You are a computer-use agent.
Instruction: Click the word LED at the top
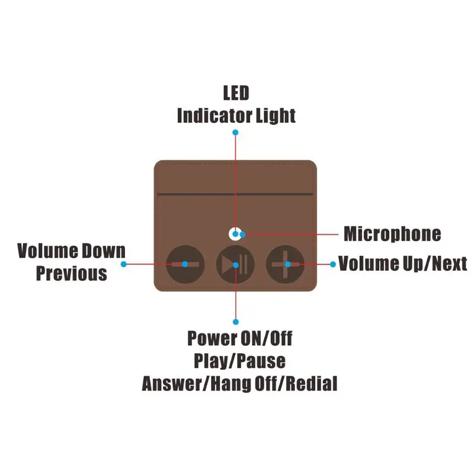click(236, 94)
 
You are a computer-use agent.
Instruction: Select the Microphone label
click(392, 234)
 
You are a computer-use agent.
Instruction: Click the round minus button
click(185, 263)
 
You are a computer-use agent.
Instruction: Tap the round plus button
click(286, 263)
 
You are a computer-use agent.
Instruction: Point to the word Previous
click(72, 274)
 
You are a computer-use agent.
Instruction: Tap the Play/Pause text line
click(239, 361)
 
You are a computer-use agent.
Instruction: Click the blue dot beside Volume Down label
click(124, 264)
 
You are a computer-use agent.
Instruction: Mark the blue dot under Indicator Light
click(235, 133)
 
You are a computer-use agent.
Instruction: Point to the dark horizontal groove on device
click(235, 194)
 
